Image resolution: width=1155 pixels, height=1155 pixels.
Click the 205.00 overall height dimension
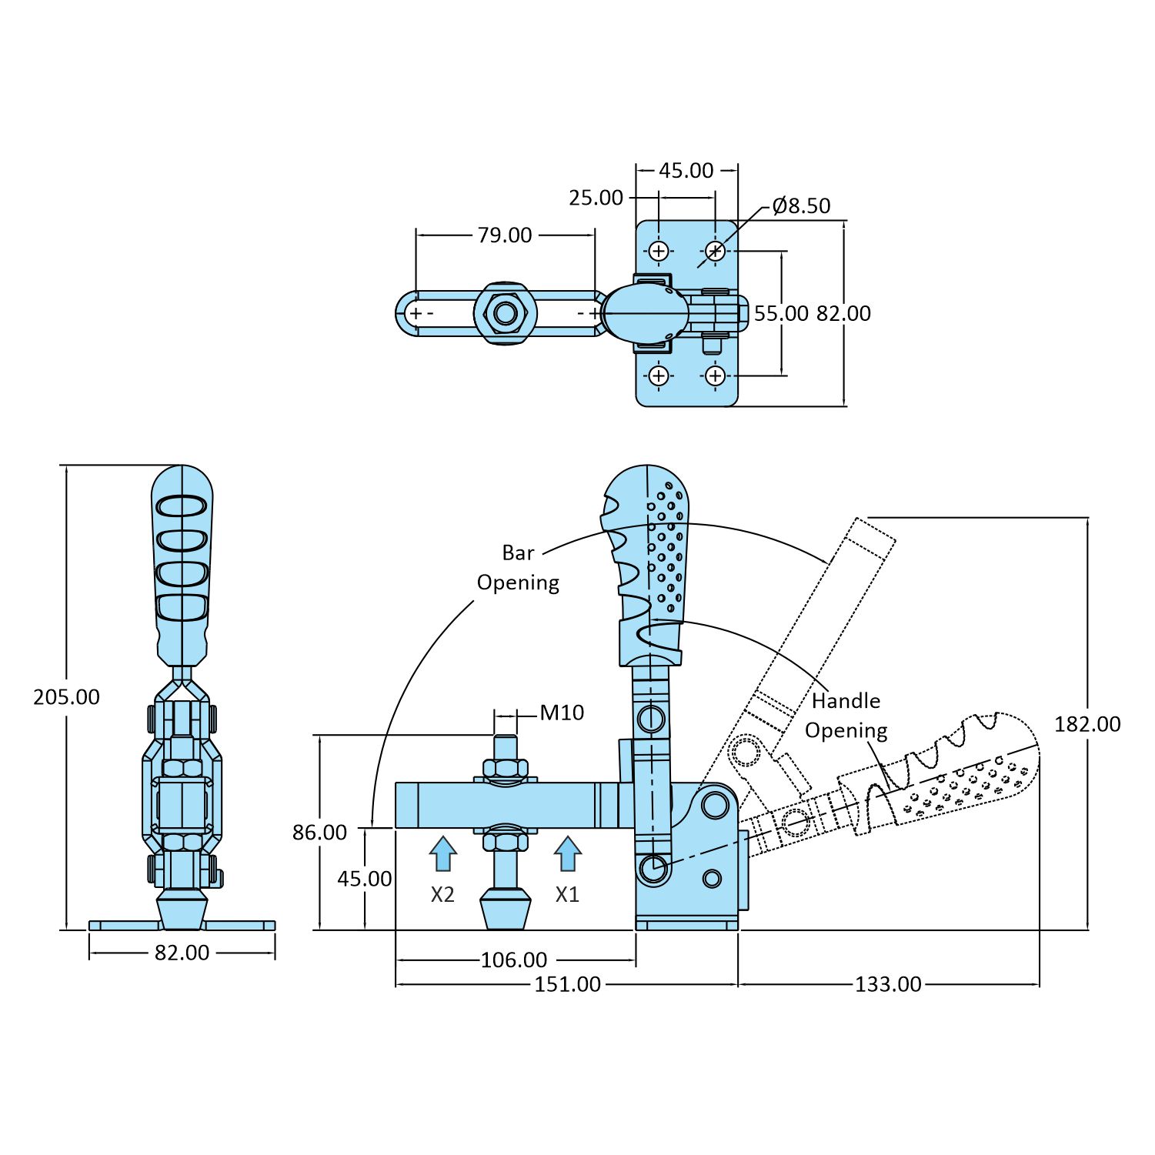[x=66, y=697]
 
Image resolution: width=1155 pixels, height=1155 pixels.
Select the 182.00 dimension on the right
[x=1087, y=724]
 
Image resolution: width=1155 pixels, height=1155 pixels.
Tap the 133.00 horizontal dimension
[x=887, y=984]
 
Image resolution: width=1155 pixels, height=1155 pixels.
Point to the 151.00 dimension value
[x=567, y=984]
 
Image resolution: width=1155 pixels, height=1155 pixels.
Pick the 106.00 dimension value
[x=513, y=960]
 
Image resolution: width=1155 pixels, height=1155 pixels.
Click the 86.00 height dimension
[x=319, y=833]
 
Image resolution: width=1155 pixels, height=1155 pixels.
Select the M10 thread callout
[x=562, y=713]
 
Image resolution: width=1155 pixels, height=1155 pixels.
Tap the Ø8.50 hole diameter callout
[x=801, y=206]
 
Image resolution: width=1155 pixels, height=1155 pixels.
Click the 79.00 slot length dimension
[x=504, y=235]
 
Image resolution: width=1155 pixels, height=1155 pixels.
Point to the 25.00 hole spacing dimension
[x=596, y=199]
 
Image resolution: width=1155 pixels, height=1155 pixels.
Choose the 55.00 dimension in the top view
[x=780, y=314]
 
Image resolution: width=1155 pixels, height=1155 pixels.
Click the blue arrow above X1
[x=567, y=853]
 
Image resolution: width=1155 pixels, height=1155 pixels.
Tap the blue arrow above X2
[x=442, y=853]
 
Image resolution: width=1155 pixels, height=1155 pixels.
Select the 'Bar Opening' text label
[x=518, y=568]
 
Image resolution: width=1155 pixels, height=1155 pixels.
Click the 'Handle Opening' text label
[x=846, y=715]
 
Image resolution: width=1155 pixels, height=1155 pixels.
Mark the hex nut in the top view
[x=505, y=313]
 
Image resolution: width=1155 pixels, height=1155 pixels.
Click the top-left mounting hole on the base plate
[x=659, y=251]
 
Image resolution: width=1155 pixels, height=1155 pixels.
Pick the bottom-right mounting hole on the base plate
[x=715, y=376]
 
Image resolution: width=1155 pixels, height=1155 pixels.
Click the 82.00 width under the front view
[x=182, y=953]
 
